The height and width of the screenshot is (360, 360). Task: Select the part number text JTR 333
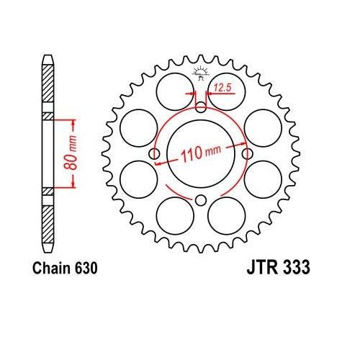click(274, 267)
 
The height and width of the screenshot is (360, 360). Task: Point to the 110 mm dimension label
click(202, 153)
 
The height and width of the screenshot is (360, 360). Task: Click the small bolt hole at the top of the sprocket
click(201, 108)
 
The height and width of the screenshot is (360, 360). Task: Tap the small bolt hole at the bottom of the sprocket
click(201, 200)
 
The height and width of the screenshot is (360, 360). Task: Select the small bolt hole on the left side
click(154, 154)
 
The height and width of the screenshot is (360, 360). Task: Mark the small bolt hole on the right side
click(248, 154)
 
